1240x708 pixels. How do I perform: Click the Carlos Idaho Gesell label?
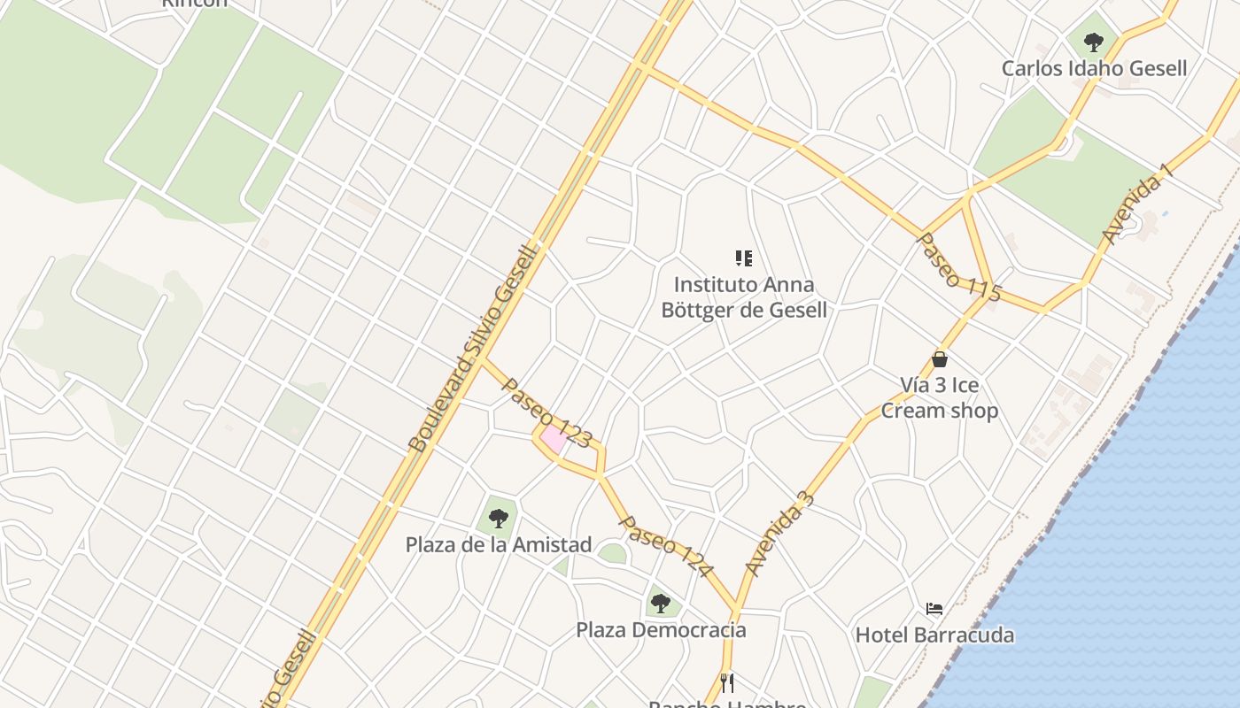tap(1094, 68)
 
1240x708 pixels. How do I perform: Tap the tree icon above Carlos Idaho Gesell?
tap(1094, 42)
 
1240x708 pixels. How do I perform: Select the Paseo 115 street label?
tap(958, 267)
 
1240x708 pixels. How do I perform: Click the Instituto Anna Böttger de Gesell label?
tap(744, 297)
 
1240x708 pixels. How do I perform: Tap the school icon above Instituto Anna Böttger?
tap(744, 258)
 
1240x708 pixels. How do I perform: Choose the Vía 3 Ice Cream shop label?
tap(940, 397)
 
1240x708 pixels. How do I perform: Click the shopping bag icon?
tap(940, 359)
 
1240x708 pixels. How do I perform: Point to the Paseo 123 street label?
tap(546, 412)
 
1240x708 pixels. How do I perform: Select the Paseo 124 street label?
tap(664, 546)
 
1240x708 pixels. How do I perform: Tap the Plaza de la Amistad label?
tap(499, 544)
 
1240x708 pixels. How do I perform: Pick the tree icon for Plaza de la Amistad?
tap(499, 519)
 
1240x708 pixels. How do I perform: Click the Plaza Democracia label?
tap(661, 630)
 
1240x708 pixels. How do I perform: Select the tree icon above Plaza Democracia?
tap(661, 604)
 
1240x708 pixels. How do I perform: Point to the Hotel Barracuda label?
tap(934, 635)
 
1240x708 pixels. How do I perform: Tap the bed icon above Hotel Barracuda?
tap(934, 609)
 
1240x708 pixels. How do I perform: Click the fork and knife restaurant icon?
tap(727, 682)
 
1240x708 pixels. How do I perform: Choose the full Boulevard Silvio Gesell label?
tap(473, 349)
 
